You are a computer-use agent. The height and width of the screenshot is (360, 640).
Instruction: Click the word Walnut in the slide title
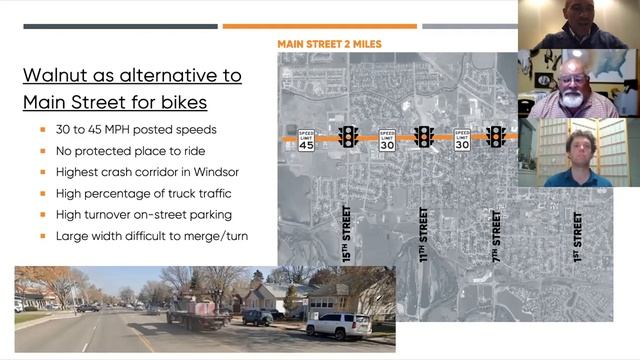(x=60, y=76)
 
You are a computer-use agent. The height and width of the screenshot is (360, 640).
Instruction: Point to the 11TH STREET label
(x=424, y=234)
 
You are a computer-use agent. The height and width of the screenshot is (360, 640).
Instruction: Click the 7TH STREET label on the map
(x=497, y=234)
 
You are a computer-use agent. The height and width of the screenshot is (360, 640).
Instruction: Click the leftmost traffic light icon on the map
(x=349, y=136)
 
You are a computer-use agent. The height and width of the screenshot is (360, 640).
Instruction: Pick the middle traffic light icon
(x=424, y=136)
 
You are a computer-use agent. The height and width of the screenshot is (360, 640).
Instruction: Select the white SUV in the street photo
(x=338, y=326)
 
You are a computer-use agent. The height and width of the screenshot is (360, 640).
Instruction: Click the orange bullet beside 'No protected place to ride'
(x=43, y=150)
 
